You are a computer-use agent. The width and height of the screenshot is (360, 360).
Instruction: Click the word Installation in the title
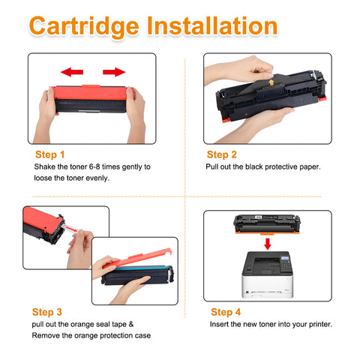[212, 25]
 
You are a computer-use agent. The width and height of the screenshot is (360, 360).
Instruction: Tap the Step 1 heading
[50, 154]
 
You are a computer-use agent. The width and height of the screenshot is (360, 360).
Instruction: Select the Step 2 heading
[222, 154]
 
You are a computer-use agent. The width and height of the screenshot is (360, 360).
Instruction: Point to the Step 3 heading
[47, 312]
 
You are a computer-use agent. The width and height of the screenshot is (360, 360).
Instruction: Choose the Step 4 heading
[226, 312]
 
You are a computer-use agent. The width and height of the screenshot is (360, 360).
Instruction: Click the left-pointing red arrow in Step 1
[72, 72]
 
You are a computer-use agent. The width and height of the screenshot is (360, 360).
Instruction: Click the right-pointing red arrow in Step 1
[114, 72]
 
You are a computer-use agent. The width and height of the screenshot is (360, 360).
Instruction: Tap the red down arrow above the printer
[268, 244]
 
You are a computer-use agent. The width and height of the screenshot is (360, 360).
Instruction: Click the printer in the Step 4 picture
[268, 274]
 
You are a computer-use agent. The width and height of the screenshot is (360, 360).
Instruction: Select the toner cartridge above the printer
[267, 224]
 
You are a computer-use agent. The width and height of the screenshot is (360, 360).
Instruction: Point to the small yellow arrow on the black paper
[271, 82]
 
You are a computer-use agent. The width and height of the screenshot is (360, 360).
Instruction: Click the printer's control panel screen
[285, 259]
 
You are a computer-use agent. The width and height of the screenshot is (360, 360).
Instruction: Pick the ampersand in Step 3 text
[131, 324]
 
